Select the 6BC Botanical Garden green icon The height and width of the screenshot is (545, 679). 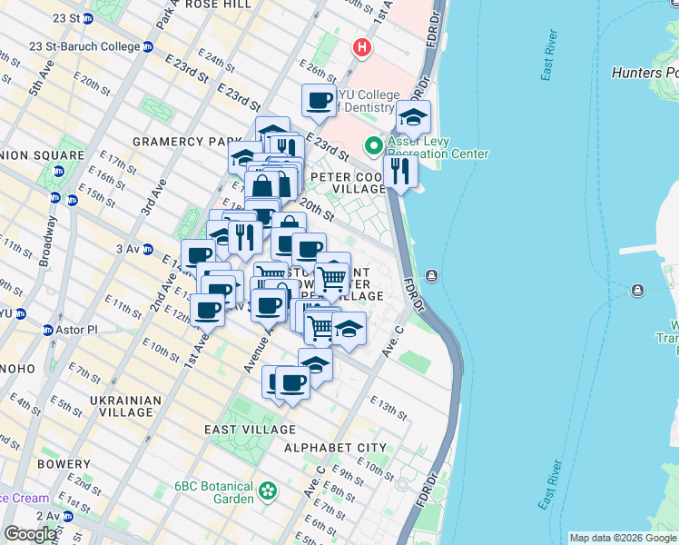[268, 491]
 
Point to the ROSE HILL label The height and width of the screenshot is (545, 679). [217, 5]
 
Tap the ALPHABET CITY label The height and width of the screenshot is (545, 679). [335, 449]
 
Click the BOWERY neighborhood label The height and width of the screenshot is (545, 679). [64, 463]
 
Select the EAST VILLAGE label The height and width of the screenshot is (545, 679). [250, 430]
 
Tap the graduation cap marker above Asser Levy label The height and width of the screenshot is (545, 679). [413, 116]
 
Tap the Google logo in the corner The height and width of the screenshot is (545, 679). [31, 534]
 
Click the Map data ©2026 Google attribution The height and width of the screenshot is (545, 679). [623, 538]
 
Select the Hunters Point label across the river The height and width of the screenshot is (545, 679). [645, 73]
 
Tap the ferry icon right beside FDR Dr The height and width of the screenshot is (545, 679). [432, 275]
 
